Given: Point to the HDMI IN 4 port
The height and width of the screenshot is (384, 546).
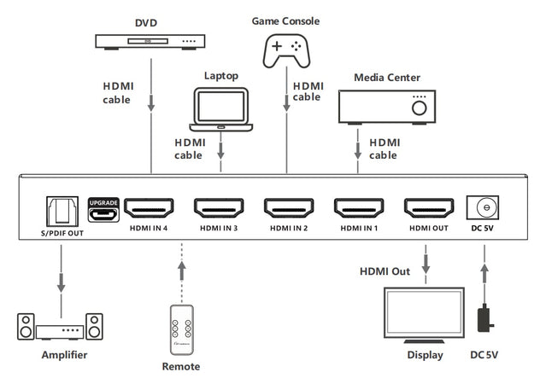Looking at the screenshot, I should click(x=150, y=207).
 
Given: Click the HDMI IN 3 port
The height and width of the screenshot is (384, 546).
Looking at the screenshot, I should click(x=220, y=207).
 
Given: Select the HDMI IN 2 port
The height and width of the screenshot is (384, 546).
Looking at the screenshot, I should click(x=289, y=207).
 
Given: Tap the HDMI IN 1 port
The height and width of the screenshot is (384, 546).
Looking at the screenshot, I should click(x=359, y=207).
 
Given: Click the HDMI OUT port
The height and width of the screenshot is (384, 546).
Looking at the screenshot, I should click(x=428, y=207).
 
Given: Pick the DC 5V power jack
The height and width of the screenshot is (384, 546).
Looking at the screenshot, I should click(x=484, y=207).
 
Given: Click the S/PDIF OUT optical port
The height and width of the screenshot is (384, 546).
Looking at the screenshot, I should click(x=61, y=210).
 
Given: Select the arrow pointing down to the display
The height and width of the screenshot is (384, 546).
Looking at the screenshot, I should click(x=426, y=259).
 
